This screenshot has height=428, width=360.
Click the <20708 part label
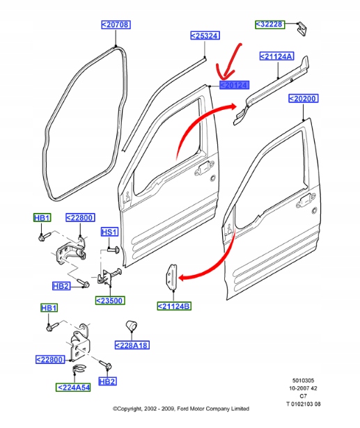click(x=116, y=24)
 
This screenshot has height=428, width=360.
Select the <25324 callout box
click(x=205, y=35)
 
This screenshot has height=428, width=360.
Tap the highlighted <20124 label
click(x=235, y=85)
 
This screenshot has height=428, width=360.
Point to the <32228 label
click(x=270, y=24)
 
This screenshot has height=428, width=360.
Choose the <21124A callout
click(x=276, y=56)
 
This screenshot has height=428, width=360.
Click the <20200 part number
click(x=303, y=98)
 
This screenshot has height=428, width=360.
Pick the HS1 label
click(x=109, y=232)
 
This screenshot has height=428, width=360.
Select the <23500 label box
click(x=110, y=301)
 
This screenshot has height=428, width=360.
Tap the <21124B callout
click(x=174, y=306)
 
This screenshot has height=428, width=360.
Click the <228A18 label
click(x=132, y=345)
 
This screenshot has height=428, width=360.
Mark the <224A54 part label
click(x=73, y=388)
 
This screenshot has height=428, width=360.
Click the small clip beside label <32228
click(x=302, y=29)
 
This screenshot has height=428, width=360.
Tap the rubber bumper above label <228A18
click(x=131, y=325)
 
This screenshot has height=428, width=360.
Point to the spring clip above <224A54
click(x=79, y=369)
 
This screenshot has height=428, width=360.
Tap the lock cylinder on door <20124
click(x=212, y=178)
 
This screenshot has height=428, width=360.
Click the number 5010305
click(x=303, y=380)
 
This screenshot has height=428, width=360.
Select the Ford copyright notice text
click(x=181, y=409)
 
